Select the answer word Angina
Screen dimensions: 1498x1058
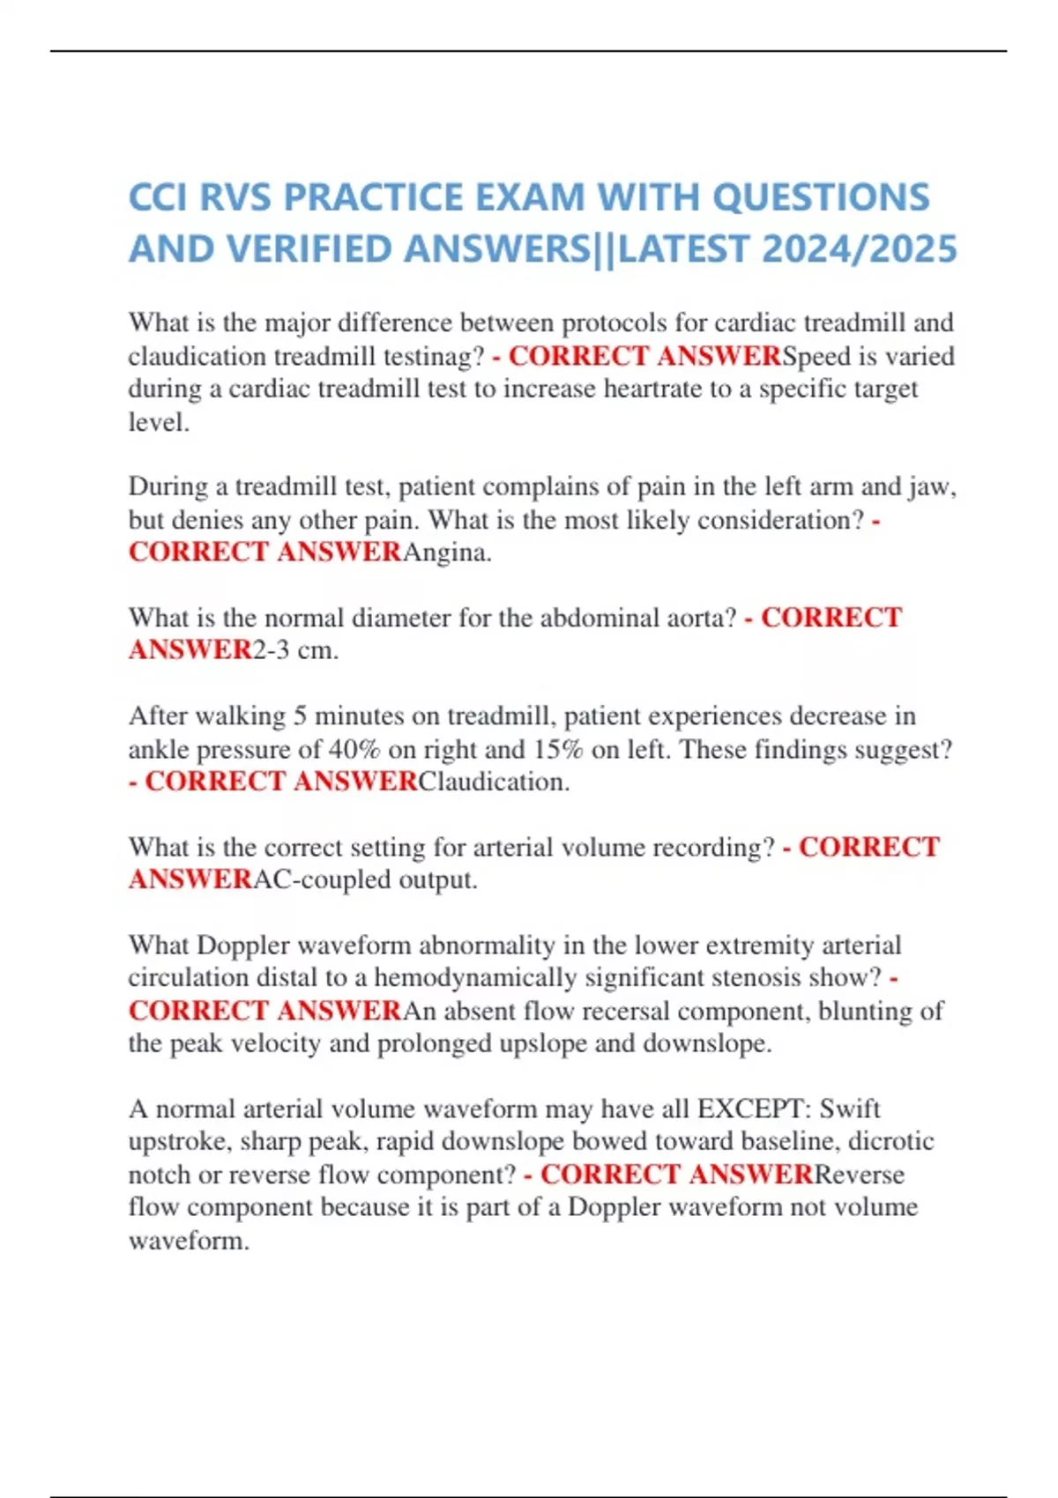[x=447, y=552]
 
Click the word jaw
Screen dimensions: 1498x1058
[x=935, y=486]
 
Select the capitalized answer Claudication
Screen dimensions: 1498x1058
[x=493, y=782]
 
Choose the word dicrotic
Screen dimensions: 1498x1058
[x=891, y=1141]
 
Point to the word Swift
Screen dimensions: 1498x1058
[x=850, y=1109]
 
